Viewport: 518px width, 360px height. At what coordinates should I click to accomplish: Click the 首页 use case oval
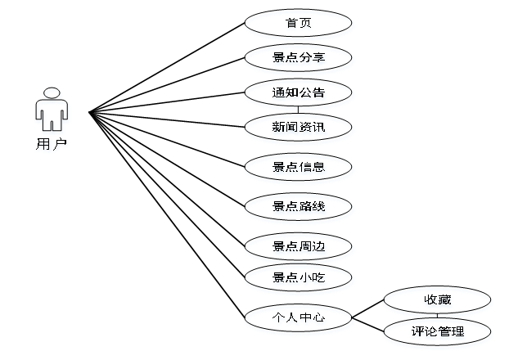click(299, 23)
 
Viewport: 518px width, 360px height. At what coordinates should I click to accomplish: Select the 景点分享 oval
click(299, 57)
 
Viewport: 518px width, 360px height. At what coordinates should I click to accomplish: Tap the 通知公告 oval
click(299, 92)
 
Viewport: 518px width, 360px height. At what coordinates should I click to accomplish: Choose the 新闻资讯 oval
click(299, 127)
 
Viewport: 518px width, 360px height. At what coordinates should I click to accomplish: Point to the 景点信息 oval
click(299, 167)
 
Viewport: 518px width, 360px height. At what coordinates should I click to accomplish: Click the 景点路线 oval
click(299, 206)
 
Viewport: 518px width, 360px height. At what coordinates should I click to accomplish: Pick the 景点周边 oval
click(299, 245)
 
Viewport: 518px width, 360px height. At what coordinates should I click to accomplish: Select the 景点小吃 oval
click(299, 277)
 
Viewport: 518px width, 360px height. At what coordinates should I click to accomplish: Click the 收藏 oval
click(437, 299)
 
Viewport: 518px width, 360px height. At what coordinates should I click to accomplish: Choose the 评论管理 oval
click(437, 331)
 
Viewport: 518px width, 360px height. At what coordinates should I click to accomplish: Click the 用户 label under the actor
click(51, 144)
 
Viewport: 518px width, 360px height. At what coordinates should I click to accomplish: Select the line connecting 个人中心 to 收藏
click(368, 308)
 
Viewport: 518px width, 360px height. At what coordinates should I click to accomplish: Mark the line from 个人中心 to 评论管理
click(368, 323)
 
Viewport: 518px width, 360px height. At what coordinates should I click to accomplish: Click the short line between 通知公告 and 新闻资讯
click(299, 110)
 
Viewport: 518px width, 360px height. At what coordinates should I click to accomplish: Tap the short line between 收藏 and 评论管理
click(437, 316)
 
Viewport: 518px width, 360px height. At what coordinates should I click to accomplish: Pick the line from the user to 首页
click(167, 66)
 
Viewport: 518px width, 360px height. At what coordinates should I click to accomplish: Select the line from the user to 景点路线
click(167, 158)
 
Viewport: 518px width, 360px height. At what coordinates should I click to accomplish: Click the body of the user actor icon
click(51, 113)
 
